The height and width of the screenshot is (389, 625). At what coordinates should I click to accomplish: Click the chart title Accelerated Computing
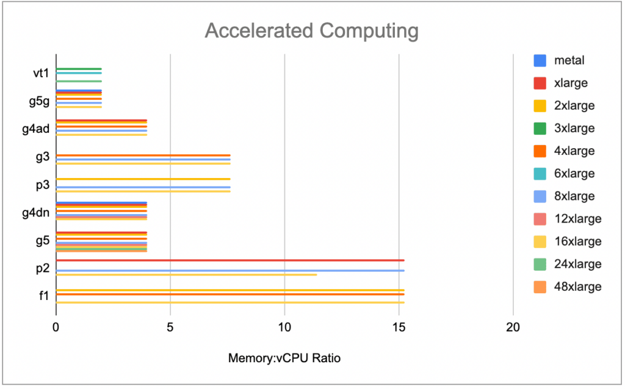(311, 31)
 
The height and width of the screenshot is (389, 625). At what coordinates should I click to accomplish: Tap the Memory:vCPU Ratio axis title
(284, 359)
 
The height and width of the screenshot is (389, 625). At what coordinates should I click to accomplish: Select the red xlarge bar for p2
(229, 260)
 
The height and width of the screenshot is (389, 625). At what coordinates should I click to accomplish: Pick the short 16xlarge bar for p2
(186, 274)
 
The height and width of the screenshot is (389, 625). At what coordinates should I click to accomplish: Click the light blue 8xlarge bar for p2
(229, 270)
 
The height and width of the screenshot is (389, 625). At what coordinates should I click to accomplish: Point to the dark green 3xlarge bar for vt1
(79, 69)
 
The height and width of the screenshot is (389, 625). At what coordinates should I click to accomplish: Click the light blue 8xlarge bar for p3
(143, 187)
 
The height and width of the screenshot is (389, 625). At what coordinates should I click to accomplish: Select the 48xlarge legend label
(577, 287)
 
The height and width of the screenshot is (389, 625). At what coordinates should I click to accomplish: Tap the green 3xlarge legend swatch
(540, 128)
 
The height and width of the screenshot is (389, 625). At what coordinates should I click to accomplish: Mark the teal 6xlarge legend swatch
(540, 174)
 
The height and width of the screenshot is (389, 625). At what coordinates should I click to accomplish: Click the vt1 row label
(41, 73)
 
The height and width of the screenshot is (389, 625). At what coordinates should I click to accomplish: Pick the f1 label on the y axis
(43, 296)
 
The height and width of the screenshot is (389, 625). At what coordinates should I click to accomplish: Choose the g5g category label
(39, 101)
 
